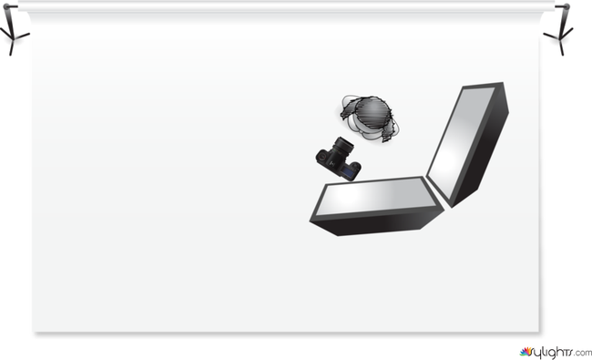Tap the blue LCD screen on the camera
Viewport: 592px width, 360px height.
click(349, 173)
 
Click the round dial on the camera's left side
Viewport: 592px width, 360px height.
click(322, 157)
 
